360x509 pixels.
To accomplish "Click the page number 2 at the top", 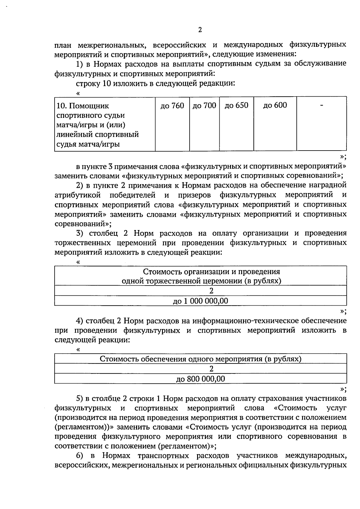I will click(x=200, y=30).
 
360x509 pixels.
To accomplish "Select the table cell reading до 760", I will click(x=172, y=106).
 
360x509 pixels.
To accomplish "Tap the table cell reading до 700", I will click(x=204, y=106).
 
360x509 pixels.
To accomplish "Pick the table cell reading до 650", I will click(x=236, y=106).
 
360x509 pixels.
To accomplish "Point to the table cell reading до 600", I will click(x=275, y=105).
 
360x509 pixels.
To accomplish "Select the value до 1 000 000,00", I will click(x=200, y=301).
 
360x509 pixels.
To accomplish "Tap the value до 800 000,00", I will click(x=200, y=379).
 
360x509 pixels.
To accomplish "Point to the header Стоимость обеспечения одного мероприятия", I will click(x=200, y=359).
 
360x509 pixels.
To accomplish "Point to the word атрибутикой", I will click(x=77, y=195).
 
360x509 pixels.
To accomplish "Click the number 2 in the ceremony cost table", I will click(x=211, y=291).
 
